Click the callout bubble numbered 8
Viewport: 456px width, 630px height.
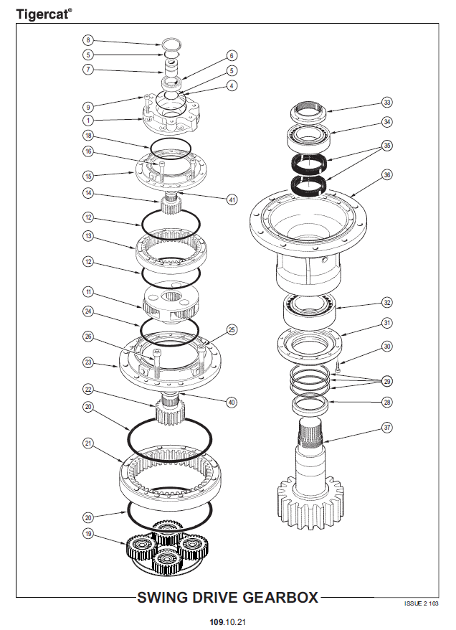(88, 40)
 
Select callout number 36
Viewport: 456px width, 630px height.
(387, 175)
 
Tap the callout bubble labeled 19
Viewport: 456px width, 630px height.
(88, 534)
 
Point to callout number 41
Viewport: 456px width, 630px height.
(232, 199)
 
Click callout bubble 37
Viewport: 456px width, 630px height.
(387, 428)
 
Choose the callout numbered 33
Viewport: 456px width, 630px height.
(387, 103)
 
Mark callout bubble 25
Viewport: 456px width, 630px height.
(232, 330)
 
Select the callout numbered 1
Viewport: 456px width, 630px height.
(88, 120)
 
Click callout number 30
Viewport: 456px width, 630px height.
(387, 347)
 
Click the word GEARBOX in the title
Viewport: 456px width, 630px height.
(280, 598)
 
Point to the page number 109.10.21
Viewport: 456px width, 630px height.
(227, 622)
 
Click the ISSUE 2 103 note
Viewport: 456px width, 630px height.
(421, 603)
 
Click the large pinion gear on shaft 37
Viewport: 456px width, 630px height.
(310, 502)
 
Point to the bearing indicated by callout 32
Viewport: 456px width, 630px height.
(310, 311)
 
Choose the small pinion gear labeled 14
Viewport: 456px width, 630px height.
(171, 204)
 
